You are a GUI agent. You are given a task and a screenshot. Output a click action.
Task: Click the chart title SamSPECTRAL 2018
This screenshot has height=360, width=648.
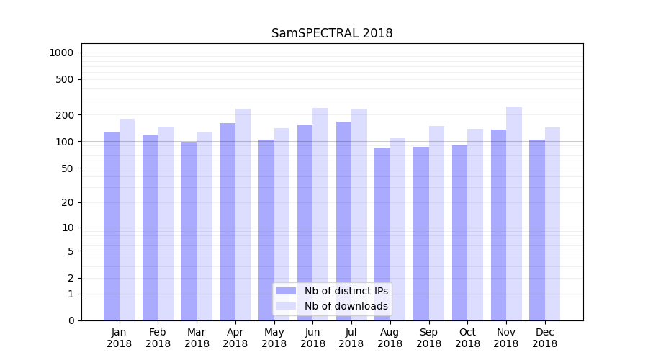tap(332, 33)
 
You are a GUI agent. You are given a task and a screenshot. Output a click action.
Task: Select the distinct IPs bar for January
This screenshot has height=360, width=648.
tap(112, 226)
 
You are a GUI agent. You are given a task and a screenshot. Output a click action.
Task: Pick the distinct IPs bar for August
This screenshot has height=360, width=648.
tap(382, 234)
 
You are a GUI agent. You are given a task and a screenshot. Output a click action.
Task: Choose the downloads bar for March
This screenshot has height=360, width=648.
tap(204, 226)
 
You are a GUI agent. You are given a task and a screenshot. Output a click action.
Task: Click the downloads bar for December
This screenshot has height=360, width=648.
tap(553, 224)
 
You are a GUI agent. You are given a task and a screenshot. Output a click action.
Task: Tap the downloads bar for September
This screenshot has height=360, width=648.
tap(437, 223)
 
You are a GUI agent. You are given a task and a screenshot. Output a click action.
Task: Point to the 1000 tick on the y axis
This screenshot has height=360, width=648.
tap(61, 53)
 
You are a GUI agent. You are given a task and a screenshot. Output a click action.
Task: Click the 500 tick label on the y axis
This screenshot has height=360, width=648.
tap(65, 79)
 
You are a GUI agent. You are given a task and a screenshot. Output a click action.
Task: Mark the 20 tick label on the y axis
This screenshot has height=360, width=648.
tap(68, 202)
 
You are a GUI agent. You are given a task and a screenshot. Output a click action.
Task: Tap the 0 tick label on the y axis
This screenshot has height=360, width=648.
tap(71, 320)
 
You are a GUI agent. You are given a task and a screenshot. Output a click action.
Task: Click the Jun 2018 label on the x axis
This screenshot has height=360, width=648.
tap(312, 338)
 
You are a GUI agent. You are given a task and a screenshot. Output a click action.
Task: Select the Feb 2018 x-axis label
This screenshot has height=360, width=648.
tap(158, 338)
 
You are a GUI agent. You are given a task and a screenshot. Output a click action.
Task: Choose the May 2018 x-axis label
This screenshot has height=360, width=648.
tap(274, 338)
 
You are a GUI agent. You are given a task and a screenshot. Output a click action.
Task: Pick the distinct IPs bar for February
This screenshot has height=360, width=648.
tap(150, 228)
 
